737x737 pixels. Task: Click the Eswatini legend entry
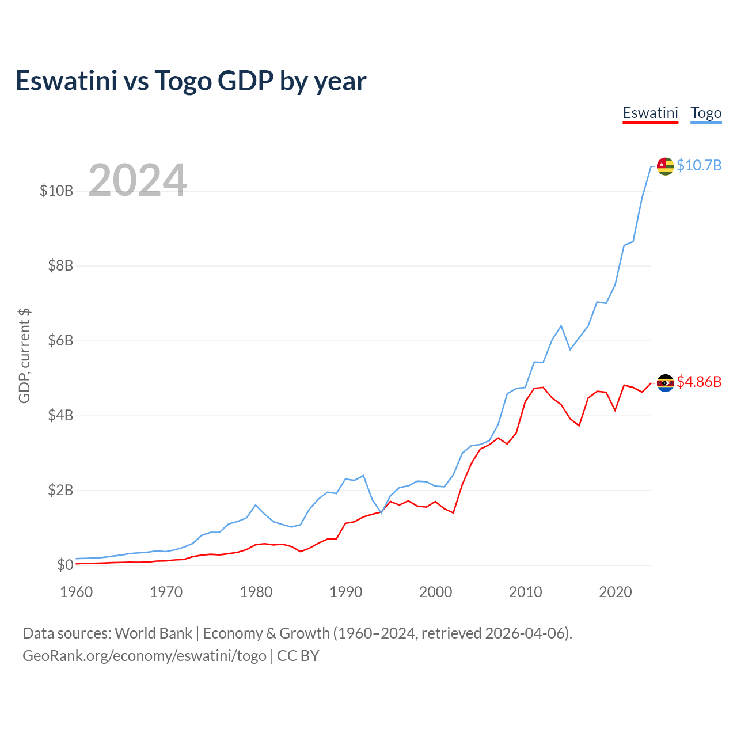click(650, 113)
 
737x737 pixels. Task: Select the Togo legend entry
click(706, 113)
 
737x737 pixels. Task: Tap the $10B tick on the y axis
click(56, 191)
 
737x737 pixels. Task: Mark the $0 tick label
click(65, 565)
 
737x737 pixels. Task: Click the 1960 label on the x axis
click(77, 592)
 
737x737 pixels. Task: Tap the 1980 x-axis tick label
click(256, 592)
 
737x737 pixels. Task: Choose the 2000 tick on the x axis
click(436, 592)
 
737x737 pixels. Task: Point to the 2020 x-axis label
click(616, 592)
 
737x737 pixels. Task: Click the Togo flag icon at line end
click(665, 166)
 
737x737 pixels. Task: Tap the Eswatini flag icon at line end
click(665, 382)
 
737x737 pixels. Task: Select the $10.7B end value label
click(699, 166)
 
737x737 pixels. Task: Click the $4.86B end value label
click(699, 382)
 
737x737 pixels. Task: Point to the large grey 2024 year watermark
click(138, 180)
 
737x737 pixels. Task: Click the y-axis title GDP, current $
click(24, 355)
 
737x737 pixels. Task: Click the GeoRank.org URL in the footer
click(145, 656)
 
